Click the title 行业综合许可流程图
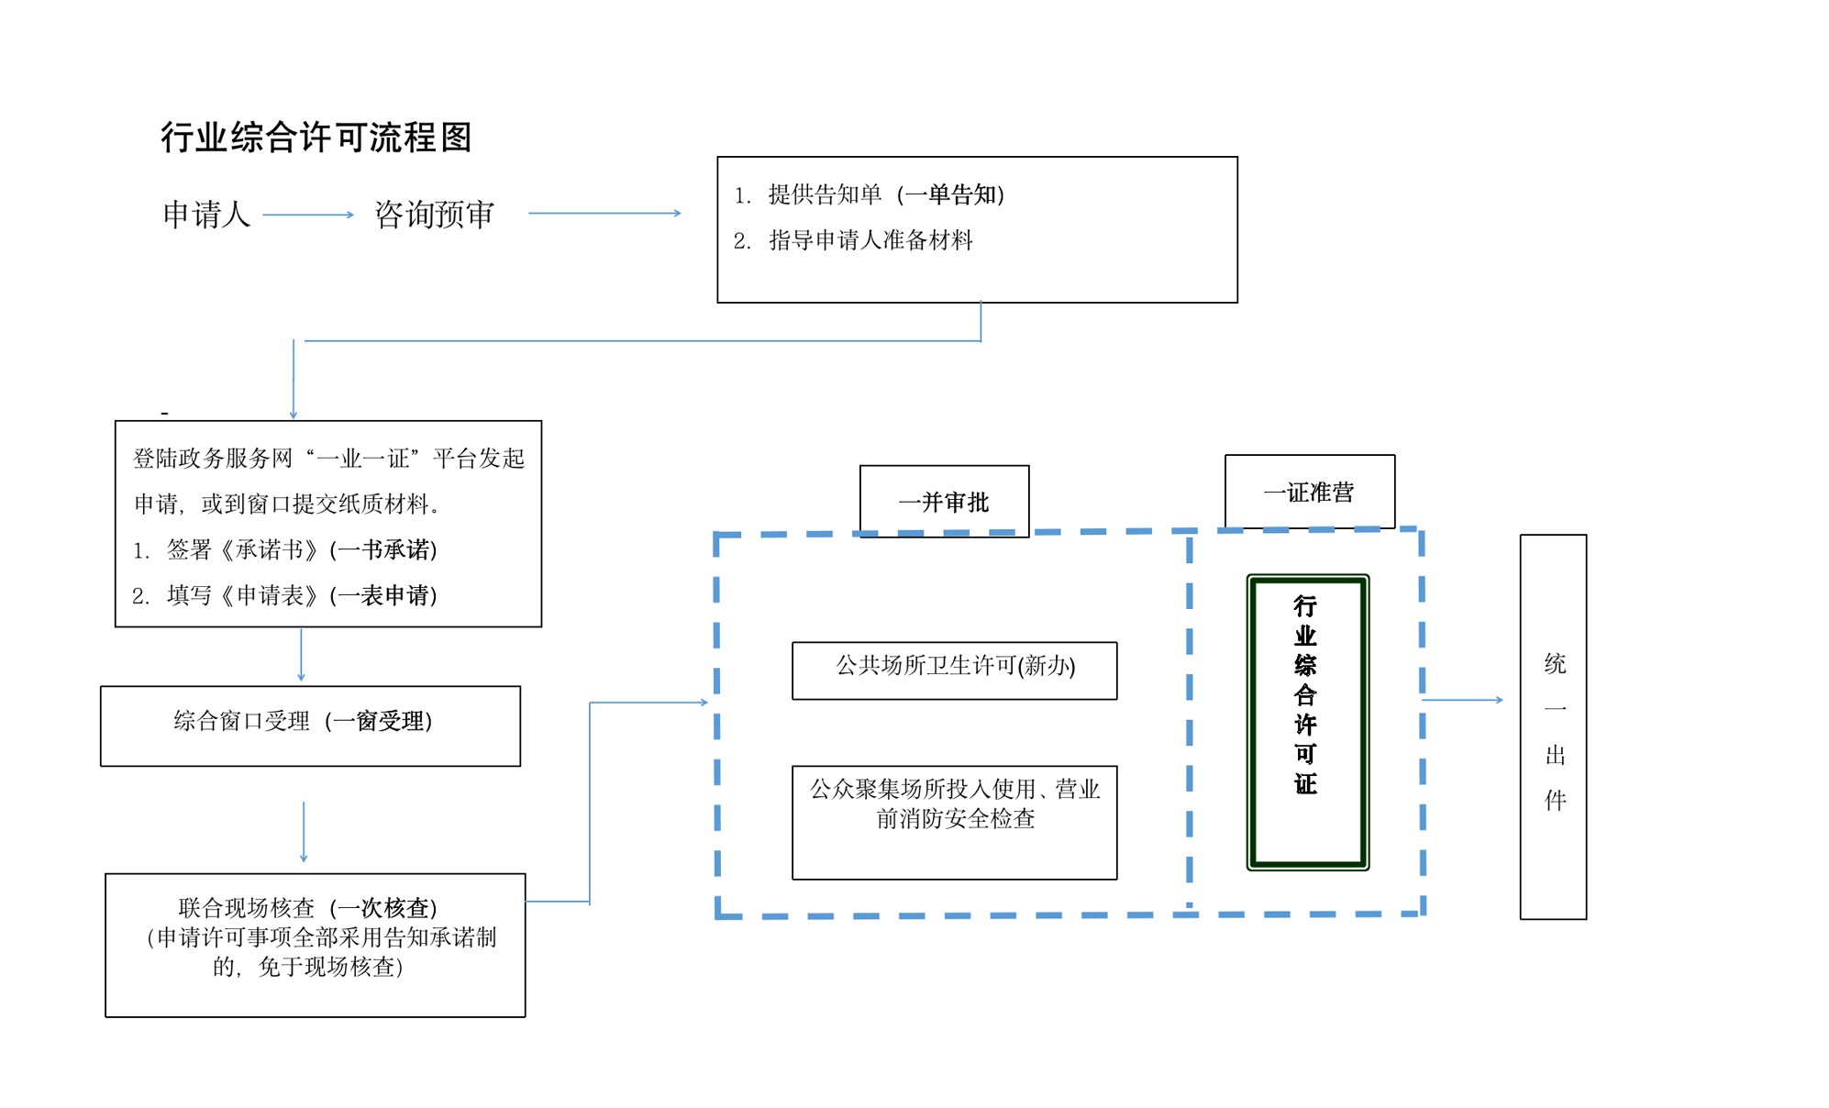click(316, 138)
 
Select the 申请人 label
click(206, 215)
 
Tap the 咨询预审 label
click(434, 215)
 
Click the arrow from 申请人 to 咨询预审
click(308, 215)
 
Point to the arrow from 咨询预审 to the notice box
click(604, 213)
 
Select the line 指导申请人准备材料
click(870, 240)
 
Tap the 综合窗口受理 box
click(310, 726)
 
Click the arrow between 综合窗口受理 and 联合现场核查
click(304, 831)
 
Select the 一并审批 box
click(944, 501)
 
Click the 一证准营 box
click(1309, 492)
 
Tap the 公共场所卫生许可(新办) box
click(954, 670)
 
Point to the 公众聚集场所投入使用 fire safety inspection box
click(954, 822)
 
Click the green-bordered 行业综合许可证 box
click(1307, 722)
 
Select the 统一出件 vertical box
click(1553, 726)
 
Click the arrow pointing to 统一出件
click(1462, 700)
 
